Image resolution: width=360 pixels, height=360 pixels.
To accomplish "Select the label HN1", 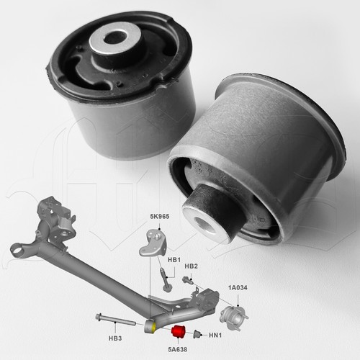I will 215,336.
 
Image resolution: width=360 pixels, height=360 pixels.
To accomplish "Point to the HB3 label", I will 116,337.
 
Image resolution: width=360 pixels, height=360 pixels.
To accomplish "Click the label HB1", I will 174,258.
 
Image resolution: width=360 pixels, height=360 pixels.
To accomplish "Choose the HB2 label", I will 190,266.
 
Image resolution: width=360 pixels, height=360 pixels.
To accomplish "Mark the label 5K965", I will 160,216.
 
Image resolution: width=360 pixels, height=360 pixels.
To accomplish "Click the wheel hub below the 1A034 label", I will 235,315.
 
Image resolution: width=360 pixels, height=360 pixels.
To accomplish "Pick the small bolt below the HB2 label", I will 188,279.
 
